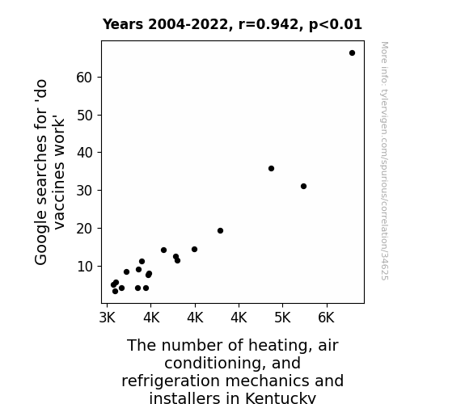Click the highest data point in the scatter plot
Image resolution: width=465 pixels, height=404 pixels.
tap(352, 53)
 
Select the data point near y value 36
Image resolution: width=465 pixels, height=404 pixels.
tap(271, 168)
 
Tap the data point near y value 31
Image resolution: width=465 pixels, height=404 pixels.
tap(303, 186)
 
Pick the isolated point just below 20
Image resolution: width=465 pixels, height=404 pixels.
tap(220, 230)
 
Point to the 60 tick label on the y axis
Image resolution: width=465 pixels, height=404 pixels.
tap(84, 78)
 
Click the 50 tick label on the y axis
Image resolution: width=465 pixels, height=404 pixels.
tap(84, 116)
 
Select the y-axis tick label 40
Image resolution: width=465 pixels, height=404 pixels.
tap(84, 153)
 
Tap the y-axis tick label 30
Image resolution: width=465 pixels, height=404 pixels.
tap(84, 191)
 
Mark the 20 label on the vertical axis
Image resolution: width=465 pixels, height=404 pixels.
tap(84, 229)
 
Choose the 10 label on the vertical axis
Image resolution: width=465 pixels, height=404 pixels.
tap(84, 267)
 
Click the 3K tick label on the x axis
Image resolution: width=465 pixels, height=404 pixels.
tap(107, 318)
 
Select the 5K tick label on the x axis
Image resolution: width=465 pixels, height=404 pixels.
tap(282, 318)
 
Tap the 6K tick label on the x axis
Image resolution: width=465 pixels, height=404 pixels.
tap(326, 318)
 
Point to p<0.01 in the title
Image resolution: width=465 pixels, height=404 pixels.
tap(336, 25)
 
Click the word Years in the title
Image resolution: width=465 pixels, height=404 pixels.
tap(123, 24)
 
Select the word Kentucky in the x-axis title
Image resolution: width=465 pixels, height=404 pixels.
tap(281, 398)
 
